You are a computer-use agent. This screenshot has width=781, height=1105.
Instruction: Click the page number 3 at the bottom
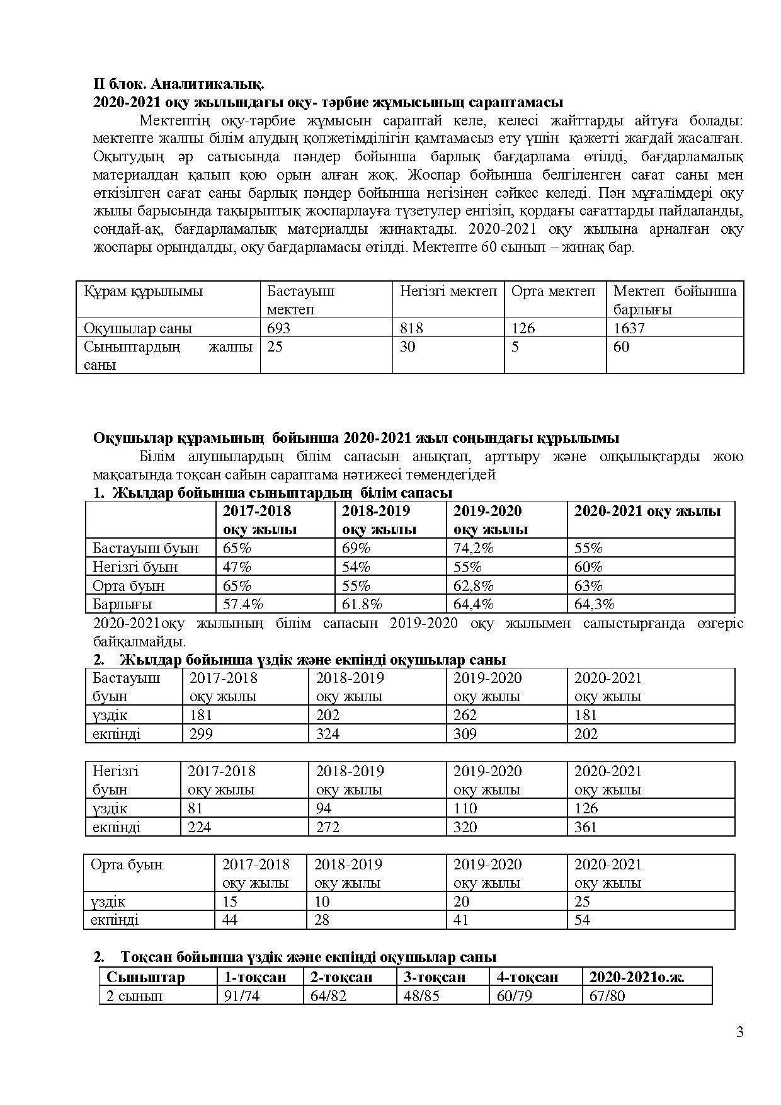[x=739, y=1032]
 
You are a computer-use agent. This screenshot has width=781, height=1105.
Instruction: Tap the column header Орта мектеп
[x=553, y=292]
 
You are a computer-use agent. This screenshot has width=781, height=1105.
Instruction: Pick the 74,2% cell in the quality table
[x=473, y=548]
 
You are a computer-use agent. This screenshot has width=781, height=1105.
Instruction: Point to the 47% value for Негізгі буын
[x=237, y=567]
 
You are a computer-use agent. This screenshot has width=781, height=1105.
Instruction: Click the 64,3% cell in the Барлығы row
[x=594, y=604]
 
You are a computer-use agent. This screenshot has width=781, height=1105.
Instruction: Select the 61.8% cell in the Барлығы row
[x=362, y=604]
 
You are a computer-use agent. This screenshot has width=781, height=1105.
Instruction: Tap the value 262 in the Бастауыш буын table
[x=465, y=715]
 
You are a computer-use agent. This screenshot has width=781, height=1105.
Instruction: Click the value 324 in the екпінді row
[x=328, y=734]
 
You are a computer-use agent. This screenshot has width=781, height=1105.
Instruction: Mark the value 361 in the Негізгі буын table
[x=585, y=827]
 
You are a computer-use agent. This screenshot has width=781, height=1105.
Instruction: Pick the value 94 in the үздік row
[x=324, y=808]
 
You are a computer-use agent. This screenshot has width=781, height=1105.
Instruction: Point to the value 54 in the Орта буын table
[x=582, y=920]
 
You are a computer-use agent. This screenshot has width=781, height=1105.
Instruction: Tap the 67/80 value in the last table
[x=607, y=996]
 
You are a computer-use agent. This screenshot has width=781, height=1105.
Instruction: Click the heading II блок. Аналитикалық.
[x=178, y=84]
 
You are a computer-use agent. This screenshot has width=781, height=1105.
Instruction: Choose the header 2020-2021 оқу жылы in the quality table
[x=647, y=511]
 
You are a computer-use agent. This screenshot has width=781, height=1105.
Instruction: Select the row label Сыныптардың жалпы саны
[x=168, y=355]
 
